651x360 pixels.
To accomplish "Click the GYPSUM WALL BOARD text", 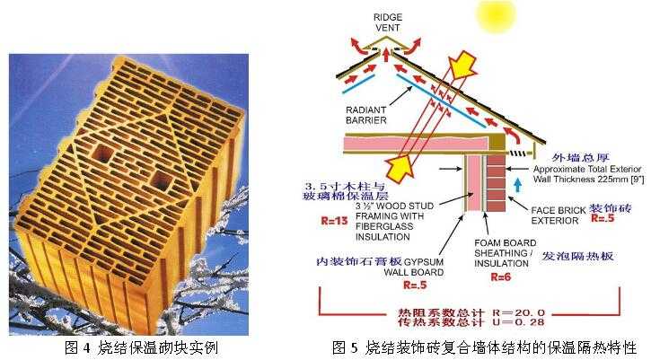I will click(420, 268).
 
